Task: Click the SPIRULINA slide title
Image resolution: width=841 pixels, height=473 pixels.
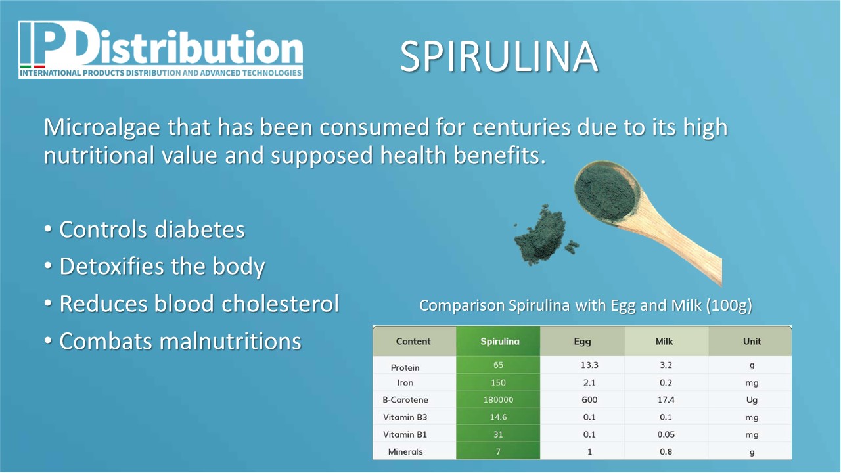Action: (x=499, y=56)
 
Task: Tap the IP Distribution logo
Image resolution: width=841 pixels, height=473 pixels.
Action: (x=161, y=49)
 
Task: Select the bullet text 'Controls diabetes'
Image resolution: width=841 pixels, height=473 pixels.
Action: (x=152, y=229)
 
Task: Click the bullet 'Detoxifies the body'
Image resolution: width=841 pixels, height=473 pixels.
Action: (x=162, y=267)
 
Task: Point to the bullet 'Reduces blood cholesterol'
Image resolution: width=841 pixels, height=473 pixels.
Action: (x=199, y=304)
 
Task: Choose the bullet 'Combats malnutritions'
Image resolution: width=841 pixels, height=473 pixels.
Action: (x=180, y=341)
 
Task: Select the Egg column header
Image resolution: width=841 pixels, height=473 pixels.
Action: (x=582, y=341)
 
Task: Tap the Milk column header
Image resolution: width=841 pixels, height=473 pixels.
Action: (x=664, y=341)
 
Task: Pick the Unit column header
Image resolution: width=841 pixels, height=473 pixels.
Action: (x=752, y=341)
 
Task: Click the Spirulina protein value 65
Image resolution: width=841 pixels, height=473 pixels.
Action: (x=498, y=365)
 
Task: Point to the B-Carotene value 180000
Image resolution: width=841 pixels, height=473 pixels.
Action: (x=498, y=400)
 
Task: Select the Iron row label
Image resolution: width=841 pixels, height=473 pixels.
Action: (x=405, y=382)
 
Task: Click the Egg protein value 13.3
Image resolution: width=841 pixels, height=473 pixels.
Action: (x=589, y=365)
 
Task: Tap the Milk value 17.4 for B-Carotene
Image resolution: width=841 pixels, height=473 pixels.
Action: (x=666, y=400)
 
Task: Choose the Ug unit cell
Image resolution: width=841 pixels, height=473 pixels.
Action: (x=752, y=400)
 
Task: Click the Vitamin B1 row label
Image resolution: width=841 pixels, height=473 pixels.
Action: (x=405, y=434)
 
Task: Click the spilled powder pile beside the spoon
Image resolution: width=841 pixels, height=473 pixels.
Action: (x=543, y=235)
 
